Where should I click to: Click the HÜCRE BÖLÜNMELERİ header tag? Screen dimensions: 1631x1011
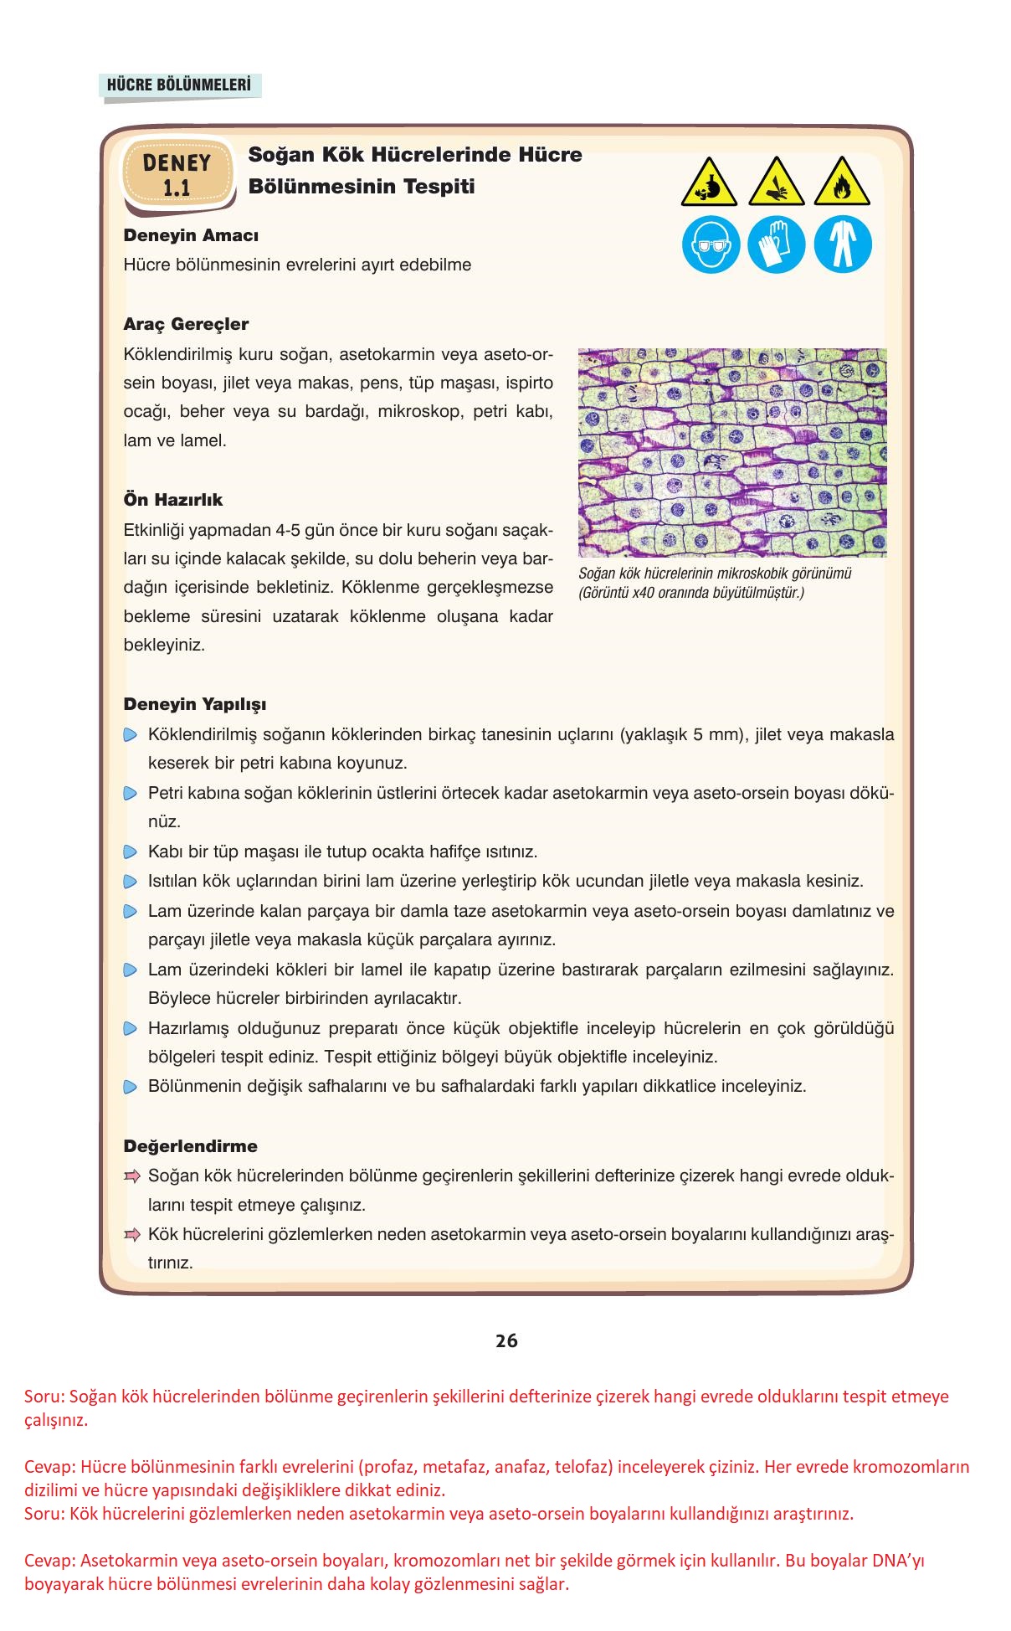[x=179, y=85]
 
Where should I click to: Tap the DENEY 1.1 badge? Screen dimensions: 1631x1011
[x=177, y=174]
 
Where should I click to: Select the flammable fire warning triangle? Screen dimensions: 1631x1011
[x=842, y=182]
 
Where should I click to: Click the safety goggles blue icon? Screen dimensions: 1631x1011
[x=711, y=244]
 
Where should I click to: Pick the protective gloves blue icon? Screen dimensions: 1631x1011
[x=776, y=244]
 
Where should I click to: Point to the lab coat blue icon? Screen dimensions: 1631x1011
[x=842, y=244]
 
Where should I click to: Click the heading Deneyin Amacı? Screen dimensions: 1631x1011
[x=191, y=235]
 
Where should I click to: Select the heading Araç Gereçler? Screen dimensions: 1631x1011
[x=186, y=324]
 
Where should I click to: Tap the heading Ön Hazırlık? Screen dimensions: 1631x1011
[x=173, y=500]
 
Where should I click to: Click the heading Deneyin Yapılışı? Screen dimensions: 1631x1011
[x=195, y=704]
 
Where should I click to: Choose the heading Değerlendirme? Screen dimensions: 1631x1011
[x=190, y=1146]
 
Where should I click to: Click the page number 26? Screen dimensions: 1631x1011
[x=506, y=1340]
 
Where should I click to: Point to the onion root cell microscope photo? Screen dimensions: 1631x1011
[x=732, y=452]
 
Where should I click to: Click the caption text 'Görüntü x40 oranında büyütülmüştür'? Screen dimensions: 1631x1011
[x=691, y=594]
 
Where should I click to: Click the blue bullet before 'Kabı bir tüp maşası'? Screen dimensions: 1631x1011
[x=130, y=852]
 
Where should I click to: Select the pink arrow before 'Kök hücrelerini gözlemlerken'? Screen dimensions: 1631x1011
[x=131, y=1235]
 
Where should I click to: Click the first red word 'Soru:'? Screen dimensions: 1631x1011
[x=44, y=1397]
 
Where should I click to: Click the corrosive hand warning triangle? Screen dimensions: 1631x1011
[x=776, y=182]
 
